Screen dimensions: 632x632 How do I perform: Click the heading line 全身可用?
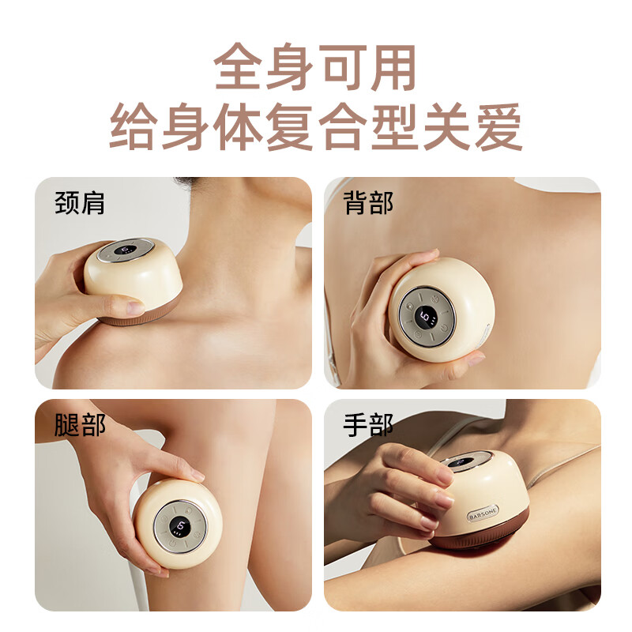314,67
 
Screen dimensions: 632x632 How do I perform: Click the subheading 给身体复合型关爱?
315,126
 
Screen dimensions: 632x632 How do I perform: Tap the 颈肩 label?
80,203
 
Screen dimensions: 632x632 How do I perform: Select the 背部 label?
368,203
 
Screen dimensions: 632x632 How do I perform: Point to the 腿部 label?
80,424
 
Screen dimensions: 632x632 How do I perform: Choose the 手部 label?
368,424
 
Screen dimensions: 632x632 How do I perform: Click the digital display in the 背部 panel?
427,318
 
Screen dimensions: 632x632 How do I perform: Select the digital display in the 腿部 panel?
179,526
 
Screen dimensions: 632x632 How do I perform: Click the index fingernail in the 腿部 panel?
197,475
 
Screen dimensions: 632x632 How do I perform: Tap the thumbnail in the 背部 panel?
476,359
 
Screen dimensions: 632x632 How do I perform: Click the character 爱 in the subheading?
499,126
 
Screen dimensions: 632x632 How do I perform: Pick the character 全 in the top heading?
238,67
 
